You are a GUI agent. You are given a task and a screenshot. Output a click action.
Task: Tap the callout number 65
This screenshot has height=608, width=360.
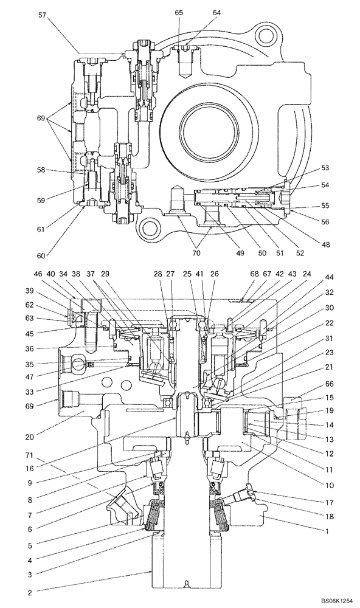click(x=179, y=12)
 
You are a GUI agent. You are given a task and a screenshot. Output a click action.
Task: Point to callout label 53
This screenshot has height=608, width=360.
click(x=325, y=168)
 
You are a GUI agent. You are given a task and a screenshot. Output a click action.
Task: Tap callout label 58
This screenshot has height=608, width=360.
click(x=41, y=171)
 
